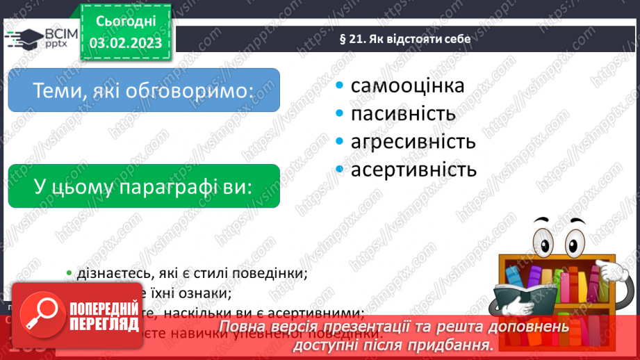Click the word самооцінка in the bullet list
[x=407, y=85]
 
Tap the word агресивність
[x=413, y=142]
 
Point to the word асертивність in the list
[x=413, y=170]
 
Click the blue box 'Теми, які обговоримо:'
[x=144, y=90]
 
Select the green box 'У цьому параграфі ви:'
[x=144, y=186]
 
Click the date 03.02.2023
[x=126, y=43]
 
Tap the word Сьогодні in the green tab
[x=126, y=21]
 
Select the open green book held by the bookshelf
[x=515, y=300]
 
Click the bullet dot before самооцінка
[x=339, y=85]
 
